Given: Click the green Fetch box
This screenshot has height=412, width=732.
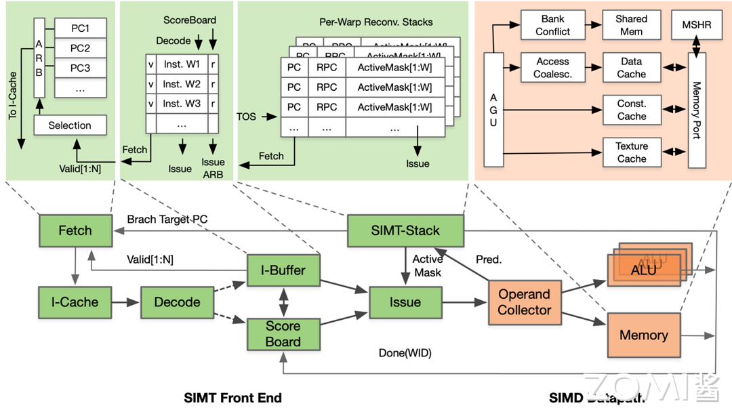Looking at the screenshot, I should click(75, 230).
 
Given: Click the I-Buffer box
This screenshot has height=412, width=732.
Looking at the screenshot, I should click(283, 270).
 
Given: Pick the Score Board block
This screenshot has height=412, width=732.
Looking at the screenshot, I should click(283, 333).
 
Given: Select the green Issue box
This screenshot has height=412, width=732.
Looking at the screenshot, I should click(405, 302).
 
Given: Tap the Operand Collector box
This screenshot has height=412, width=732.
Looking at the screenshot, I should click(525, 302).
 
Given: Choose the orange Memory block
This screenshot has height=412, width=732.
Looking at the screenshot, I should click(643, 335).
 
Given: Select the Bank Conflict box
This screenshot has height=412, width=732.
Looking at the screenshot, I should click(552, 25).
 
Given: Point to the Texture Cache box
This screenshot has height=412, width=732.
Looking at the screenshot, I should click(631, 152).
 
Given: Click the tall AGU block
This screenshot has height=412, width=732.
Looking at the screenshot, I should click(493, 110).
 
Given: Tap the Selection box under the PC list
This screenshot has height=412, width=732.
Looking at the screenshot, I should click(69, 125).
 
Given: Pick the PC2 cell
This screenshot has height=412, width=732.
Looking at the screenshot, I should click(80, 49).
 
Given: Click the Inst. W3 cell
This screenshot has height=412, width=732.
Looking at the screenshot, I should click(182, 104).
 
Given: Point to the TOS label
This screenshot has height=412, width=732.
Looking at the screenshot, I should click(247, 117).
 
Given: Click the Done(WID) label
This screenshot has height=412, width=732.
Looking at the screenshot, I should click(405, 353).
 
